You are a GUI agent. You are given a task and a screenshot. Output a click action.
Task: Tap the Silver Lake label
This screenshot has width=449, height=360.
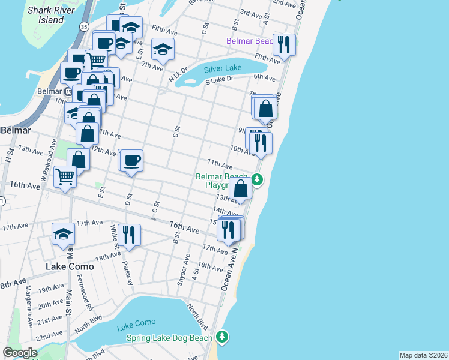coord(222,68)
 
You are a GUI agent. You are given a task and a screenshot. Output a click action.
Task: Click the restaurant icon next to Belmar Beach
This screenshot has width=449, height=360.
coord(284,44)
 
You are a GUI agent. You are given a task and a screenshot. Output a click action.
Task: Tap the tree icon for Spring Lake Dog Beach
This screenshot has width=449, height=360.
coord(223,337)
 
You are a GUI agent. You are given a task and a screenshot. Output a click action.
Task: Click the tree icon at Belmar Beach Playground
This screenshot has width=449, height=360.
coord(257,179)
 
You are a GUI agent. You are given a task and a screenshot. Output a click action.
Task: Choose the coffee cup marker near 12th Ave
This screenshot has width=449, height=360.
coord(132,160)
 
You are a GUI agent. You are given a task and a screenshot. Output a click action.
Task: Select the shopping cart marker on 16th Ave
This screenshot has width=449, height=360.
coord(65,176)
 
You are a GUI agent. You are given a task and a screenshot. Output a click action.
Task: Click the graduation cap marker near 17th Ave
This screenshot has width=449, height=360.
coord(63,235)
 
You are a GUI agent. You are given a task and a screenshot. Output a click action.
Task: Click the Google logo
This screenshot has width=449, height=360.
coord(20,353)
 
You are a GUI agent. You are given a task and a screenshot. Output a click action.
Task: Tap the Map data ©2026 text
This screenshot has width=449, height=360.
coord(423,355)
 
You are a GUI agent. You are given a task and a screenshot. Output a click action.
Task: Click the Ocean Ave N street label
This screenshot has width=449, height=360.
coord(229,271)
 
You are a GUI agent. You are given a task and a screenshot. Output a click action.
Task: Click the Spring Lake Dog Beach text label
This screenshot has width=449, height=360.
coord(169,338)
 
